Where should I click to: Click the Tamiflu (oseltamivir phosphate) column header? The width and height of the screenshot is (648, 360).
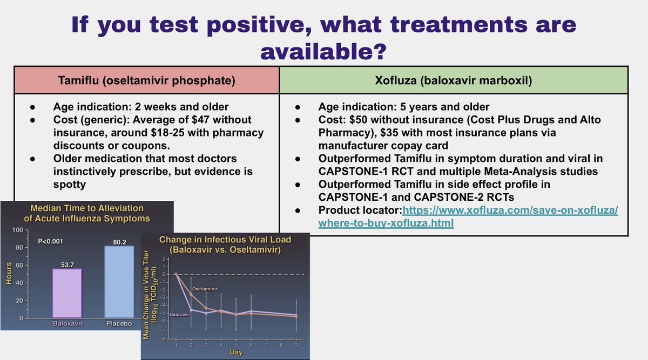(147, 80)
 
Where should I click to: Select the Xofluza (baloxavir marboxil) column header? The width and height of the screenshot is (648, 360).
(454, 80)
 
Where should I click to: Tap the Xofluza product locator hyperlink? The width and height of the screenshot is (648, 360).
(468, 216)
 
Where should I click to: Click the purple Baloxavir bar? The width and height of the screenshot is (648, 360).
(67, 293)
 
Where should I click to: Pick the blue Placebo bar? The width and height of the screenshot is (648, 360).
(119, 282)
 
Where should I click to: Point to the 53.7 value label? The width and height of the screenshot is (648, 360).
(67, 264)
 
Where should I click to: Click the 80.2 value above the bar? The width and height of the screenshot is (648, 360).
(119, 242)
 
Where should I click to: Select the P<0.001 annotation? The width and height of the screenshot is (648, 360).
(50, 241)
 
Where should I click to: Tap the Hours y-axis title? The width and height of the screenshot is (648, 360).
(9, 273)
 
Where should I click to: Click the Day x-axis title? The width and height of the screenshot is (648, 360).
(236, 352)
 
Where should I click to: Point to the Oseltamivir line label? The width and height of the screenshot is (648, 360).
(205, 289)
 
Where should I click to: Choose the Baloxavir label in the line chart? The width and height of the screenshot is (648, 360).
(180, 314)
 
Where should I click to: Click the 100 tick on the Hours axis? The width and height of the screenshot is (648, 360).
(18, 230)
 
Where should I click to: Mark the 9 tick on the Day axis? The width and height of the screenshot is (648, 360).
(296, 345)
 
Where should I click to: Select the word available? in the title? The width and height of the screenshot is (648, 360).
(323, 52)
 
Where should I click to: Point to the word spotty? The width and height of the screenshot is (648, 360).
(70, 185)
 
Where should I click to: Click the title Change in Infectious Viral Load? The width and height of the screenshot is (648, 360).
(225, 240)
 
